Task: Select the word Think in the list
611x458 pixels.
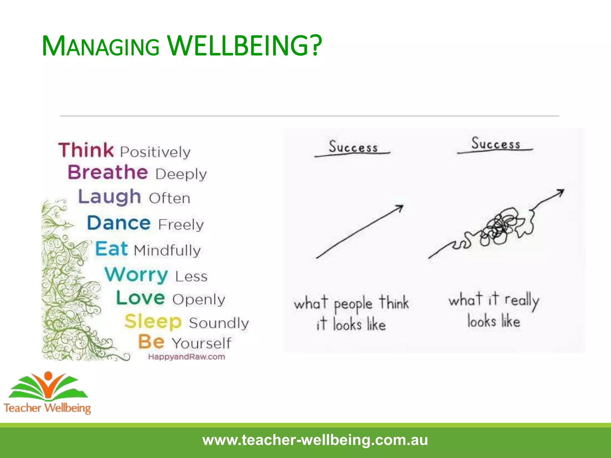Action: tap(86, 150)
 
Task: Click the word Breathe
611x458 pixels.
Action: tap(108, 172)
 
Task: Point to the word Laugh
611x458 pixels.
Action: tap(109, 197)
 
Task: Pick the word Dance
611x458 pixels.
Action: tap(119, 223)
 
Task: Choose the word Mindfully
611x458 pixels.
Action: tap(167, 250)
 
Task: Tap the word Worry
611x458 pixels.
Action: tap(136, 275)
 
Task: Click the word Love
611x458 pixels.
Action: tap(140, 298)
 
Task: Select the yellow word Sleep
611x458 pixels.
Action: tap(153, 321)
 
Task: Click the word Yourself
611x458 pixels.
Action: tap(201, 343)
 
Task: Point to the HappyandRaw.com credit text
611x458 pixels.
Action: tap(186, 357)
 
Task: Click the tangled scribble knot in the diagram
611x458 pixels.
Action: tap(500, 227)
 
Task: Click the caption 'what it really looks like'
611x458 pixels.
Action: tap(494, 310)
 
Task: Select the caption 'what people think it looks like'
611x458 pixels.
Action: tap(351, 313)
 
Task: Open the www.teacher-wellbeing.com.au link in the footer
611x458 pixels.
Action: tap(315, 440)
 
